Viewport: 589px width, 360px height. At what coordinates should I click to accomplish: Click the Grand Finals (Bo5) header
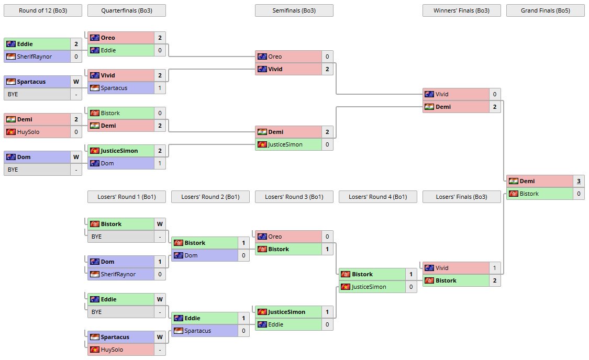(545, 10)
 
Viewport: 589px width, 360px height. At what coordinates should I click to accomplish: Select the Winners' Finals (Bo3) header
(461, 10)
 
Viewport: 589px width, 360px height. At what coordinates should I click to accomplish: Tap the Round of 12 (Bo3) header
(42, 10)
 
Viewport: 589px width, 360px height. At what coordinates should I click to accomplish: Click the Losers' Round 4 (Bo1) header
(377, 197)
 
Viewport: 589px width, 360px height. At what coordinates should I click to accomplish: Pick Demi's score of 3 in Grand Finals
(579, 181)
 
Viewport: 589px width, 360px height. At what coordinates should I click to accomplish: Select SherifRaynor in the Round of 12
(35, 57)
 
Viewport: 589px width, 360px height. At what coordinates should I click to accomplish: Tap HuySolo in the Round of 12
(29, 132)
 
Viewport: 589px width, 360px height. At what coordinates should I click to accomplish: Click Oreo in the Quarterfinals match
(108, 38)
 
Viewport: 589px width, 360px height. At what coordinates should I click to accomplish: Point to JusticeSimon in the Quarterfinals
(119, 151)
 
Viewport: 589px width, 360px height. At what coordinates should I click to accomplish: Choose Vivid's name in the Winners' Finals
(442, 94)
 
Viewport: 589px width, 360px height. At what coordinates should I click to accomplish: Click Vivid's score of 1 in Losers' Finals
(495, 268)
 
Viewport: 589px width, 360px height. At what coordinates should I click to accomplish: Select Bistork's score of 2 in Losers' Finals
(495, 280)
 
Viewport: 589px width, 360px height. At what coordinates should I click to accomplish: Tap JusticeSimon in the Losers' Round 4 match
(369, 287)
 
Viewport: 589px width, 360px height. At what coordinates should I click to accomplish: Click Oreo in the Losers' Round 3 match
(275, 237)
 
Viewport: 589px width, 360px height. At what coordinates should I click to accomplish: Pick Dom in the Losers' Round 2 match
(191, 255)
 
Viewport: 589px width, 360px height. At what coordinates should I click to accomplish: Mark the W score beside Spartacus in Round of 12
(76, 82)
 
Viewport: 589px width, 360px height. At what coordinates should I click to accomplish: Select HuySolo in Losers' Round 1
(112, 350)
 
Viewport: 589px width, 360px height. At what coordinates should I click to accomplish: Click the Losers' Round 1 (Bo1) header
(126, 197)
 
